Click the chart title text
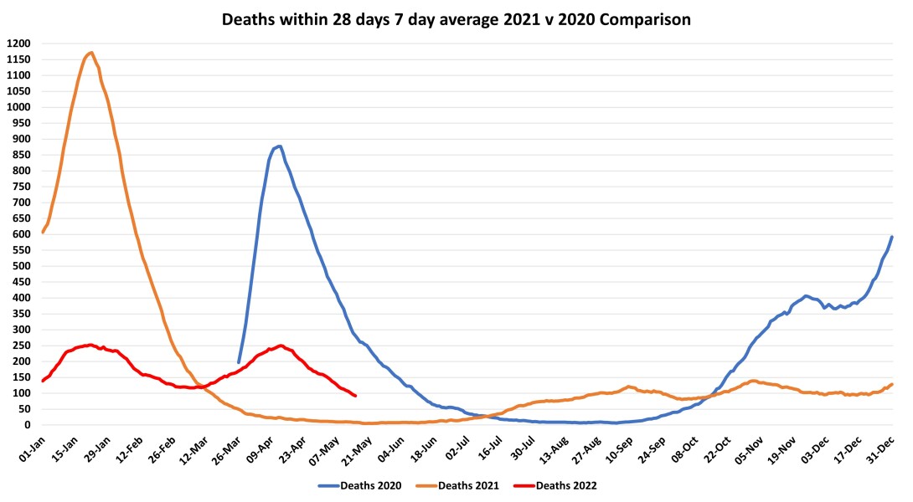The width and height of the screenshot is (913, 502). (456, 19)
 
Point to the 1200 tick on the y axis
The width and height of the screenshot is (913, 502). (18, 44)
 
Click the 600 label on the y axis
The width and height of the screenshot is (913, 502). (20, 234)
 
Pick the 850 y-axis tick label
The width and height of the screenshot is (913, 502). (20, 155)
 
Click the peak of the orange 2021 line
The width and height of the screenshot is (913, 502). (90, 53)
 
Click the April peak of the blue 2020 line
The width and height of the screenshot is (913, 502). (279, 146)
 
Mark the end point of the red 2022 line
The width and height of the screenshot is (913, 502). (356, 396)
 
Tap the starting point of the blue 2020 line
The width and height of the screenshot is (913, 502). (239, 362)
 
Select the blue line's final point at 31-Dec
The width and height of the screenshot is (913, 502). (892, 237)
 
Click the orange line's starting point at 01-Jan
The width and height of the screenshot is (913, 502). (42, 232)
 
